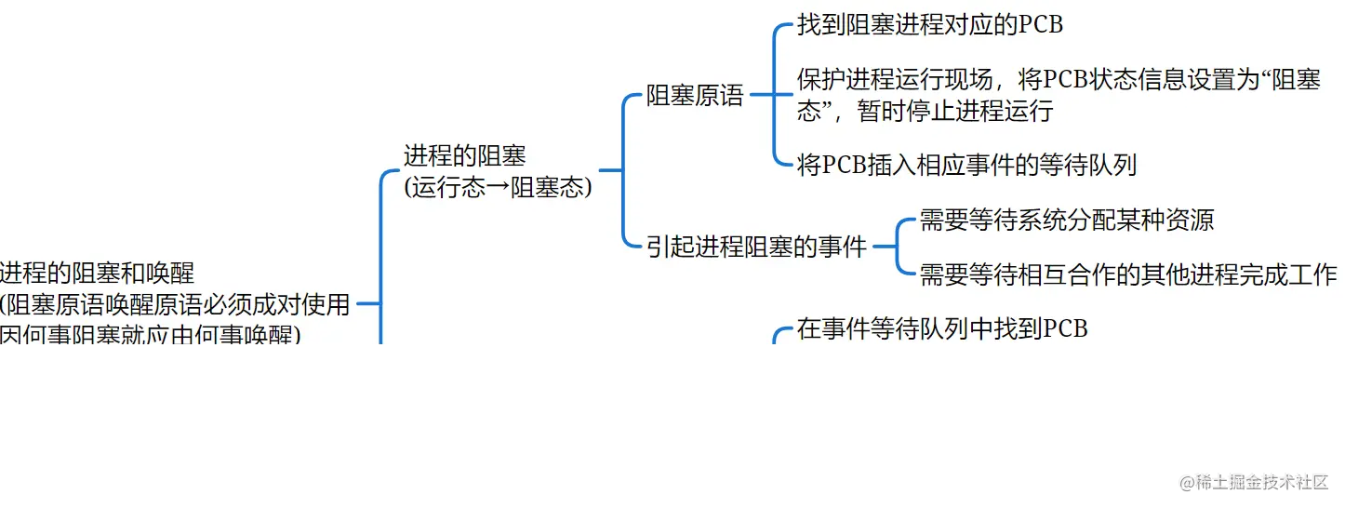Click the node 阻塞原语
(x=695, y=96)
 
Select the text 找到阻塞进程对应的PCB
(x=929, y=25)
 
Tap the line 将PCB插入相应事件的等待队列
(x=966, y=166)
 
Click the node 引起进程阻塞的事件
(x=756, y=247)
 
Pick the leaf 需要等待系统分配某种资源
(x=1066, y=221)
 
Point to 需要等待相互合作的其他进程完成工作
(x=1127, y=274)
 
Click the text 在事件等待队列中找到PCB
(x=941, y=329)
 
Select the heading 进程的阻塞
(x=464, y=155)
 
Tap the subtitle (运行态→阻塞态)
(x=498, y=187)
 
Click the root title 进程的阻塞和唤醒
(x=97, y=273)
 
